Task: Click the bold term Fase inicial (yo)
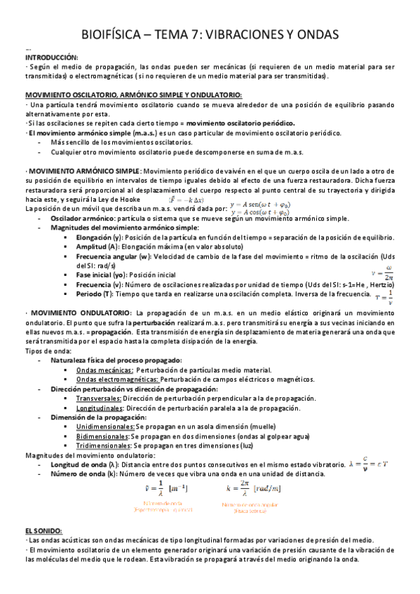100,275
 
